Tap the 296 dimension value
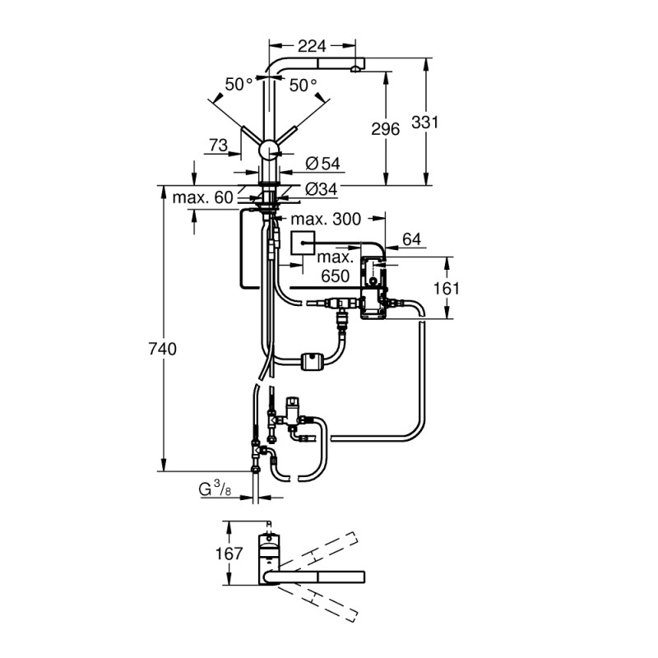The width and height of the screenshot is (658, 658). [x=385, y=129]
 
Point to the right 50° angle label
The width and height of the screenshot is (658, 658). [x=303, y=85]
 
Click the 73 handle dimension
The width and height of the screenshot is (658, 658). [x=218, y=146]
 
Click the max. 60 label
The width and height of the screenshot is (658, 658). [x=203, y=197]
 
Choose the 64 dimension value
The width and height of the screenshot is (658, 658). [x=411, y=239]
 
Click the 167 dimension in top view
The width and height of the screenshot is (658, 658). [x=229, y=554]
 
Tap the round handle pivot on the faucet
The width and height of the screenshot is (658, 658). [x=269, y=151]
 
